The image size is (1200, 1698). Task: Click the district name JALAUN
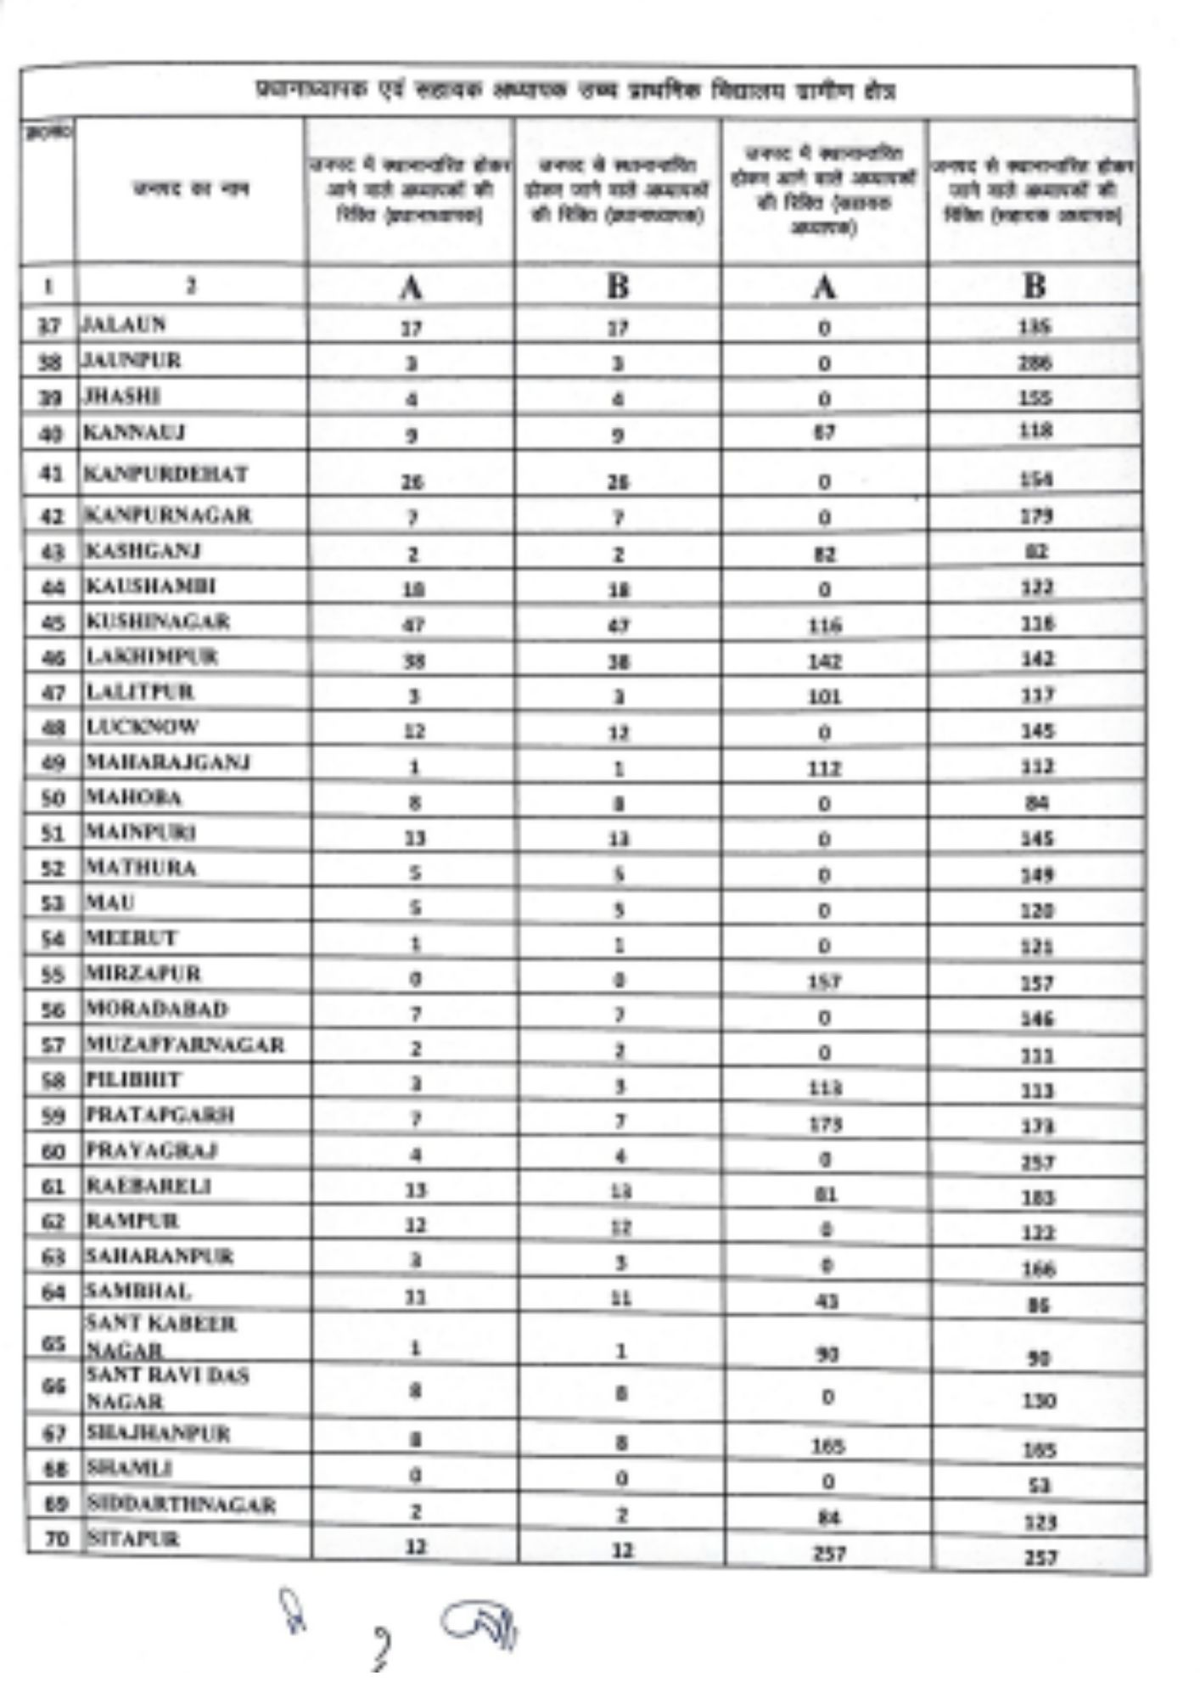pyautogui.click(x=124, y=324)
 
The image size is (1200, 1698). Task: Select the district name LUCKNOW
pyautogui.click(x=142, y=728)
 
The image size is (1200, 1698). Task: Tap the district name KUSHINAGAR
pyautogui.click(x=158, y=621)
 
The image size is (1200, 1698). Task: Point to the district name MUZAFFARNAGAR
pyautogui.click(x=185, y=1044)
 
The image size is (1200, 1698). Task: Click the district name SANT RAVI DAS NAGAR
pyautogui.click(x=166, y=1387)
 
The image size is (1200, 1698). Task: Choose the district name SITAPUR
pyautogui.click(x=132, y=1538)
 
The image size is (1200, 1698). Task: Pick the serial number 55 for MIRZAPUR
pyautogui.click(x=53, y=975)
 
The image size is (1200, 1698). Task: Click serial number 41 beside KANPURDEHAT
pyautogui.click(x=53, y=474)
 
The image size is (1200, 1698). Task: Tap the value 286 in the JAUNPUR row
pyautogui.click(x=1035, y=363)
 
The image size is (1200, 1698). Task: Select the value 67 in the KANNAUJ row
pyautogui.click(x=824, y=432)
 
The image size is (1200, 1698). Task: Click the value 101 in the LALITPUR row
pyautogui.click(x=825, y=697)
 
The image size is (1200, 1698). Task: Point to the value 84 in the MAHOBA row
pyautogui.click(x=1037, y=802)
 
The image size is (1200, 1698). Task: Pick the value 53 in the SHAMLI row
pyautogui.click(x=1040, y=1486)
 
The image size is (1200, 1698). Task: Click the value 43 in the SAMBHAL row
pyautogui.click(x=827, y=1301)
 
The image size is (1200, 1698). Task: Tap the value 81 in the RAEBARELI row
pyautogui.click(x=827, y=1195)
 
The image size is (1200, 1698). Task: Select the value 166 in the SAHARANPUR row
pyautogui.click(x=1039, y=1269)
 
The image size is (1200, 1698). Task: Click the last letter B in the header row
pyautogui.click(x=1034, y=286)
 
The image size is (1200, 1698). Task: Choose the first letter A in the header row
pyautogui.click(x=411, y=289)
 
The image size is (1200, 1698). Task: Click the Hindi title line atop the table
pyautogui.click(x=577, y=91)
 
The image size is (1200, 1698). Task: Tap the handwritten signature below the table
pyautogui.click(x=475, y=1626)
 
